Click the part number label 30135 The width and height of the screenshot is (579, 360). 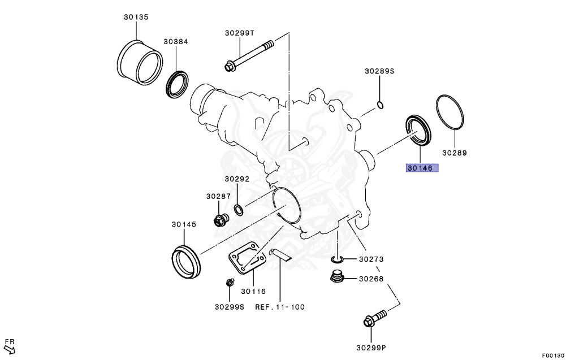[x=136, y=18]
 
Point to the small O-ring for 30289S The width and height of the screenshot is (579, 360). [x=381, y=105]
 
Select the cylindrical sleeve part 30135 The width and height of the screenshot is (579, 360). [x=140, y=58]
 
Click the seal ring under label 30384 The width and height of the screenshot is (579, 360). [x=178, y=83]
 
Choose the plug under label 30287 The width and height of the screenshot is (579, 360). [x=219, y=219]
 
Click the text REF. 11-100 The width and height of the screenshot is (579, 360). [x=280, y=307]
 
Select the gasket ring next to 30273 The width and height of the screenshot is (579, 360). [x=337, y=259]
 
